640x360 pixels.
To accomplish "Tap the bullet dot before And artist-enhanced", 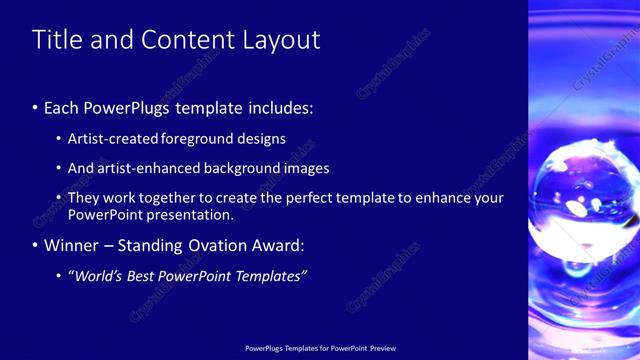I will pyautogui.click(x=60, y=169).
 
